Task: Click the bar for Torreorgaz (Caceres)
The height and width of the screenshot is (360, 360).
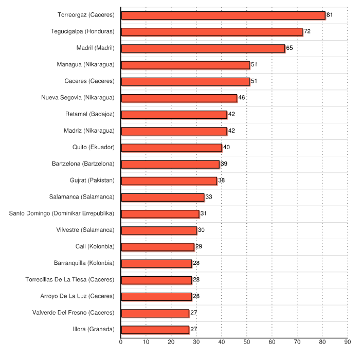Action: pos(223,15)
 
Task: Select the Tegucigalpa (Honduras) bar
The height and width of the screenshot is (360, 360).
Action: pos(211,32)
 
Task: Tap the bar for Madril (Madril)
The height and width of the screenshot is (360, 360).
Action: pos(203,48)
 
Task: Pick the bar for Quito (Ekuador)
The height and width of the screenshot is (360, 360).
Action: pos(171,148)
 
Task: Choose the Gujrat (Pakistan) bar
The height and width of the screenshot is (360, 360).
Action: pos(169,181)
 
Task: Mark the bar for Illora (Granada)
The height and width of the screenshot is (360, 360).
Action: pos(155,330)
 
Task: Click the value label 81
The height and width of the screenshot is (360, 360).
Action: pos(330,15)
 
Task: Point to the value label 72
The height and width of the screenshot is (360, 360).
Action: pos(307,31)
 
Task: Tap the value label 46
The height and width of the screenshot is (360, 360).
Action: pos(242,98)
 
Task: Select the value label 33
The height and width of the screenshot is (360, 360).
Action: pos(209,197)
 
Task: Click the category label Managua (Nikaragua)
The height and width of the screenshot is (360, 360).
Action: pos(85,65)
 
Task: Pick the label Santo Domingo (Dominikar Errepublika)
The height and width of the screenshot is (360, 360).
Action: pos(62,213)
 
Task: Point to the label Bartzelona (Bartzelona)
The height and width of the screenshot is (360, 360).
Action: pos(83,164)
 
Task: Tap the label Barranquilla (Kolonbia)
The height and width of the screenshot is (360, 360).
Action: pos(84,263)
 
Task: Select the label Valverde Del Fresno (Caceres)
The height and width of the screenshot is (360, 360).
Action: pos(73,313)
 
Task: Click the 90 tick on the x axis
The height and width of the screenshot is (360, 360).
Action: pos(348,341)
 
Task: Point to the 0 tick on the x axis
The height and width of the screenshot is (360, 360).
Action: pos(121,341)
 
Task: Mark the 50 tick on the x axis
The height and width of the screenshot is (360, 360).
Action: pos(247,341)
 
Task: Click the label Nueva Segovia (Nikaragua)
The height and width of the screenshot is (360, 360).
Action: pos(78,98)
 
